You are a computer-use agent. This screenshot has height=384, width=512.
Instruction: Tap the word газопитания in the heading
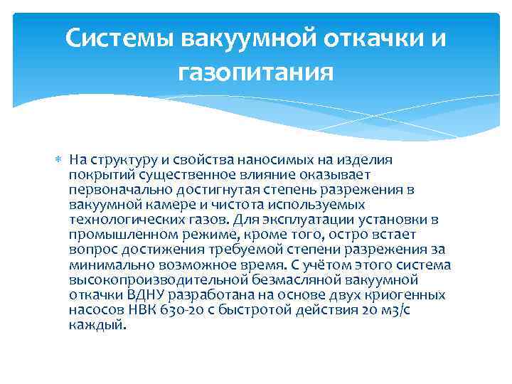tap(256, 72)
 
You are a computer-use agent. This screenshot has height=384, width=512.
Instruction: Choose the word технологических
tap(124, 220)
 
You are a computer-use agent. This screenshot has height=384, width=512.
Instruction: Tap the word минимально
tap(107, 265)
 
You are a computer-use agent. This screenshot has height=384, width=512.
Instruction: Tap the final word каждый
tap(98, 324)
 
